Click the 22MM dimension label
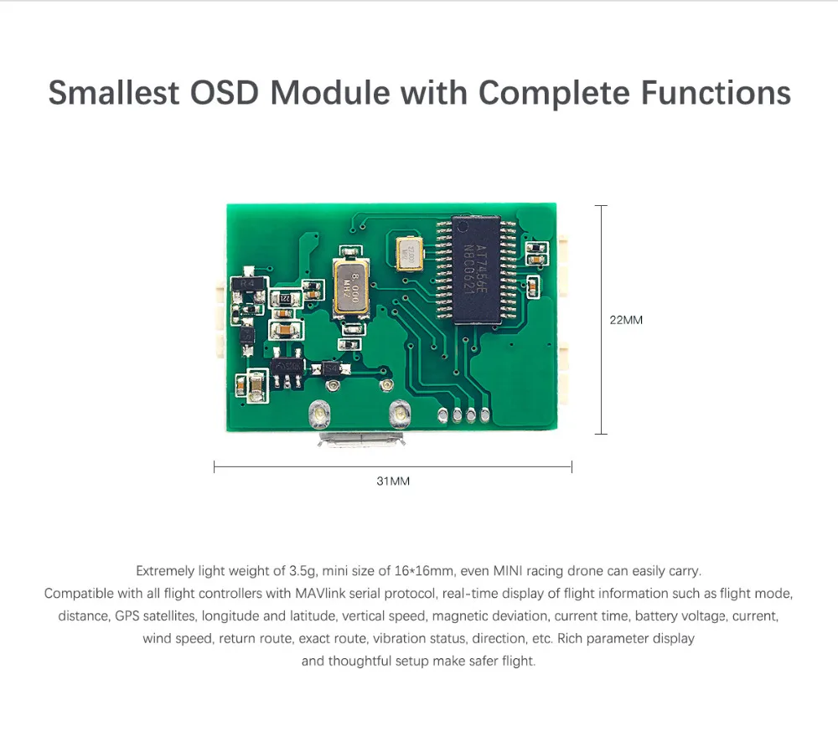626,320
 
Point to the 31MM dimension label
393,481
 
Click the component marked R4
247,282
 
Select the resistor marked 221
285,298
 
